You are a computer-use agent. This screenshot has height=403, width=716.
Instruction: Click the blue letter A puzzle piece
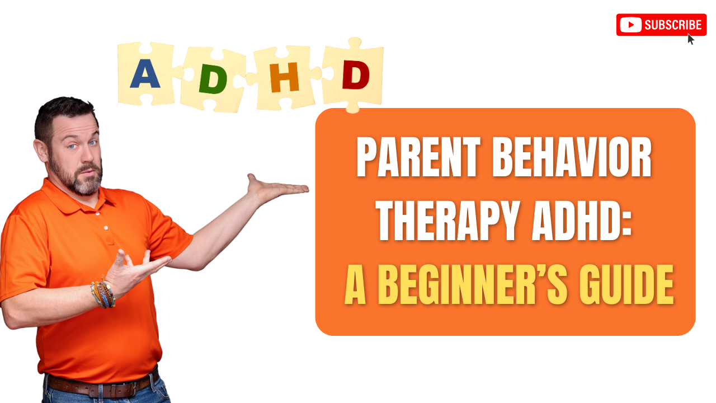(x=145, y=74)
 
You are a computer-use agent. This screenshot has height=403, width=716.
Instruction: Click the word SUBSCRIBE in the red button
(x=673, y=25)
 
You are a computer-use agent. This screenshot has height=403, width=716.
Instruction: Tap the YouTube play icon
(x=630, y=25)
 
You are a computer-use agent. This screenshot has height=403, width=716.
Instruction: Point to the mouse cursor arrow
(x=691, y=39)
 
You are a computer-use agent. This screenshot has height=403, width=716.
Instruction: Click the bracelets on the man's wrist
(x=103, y=293)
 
